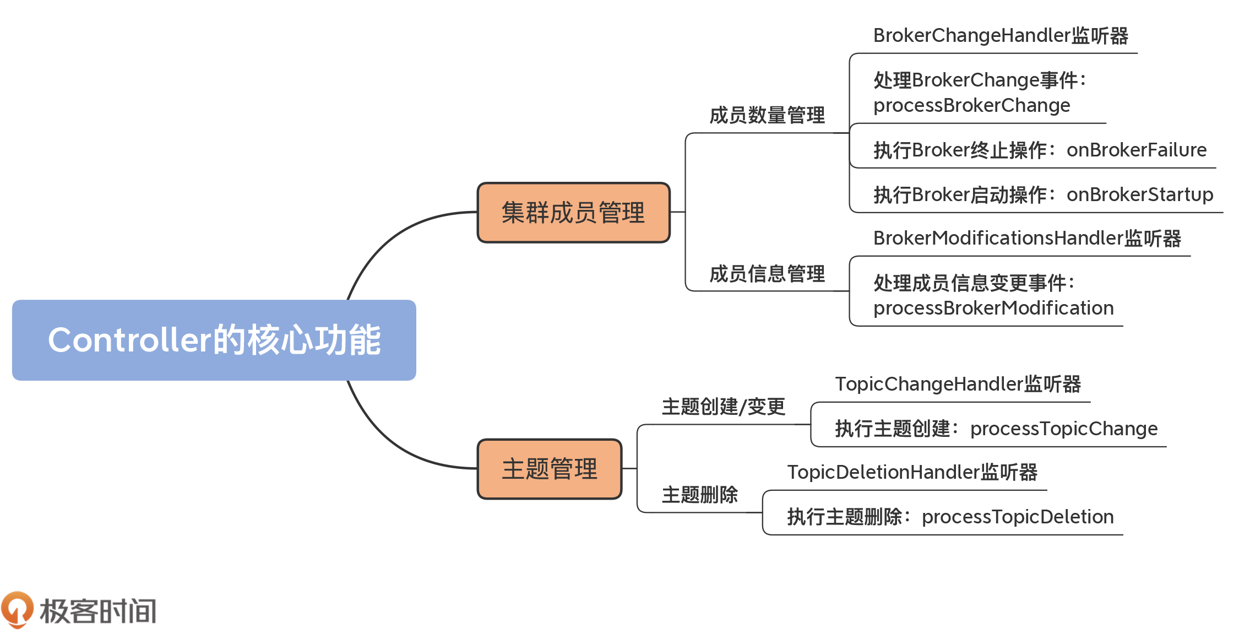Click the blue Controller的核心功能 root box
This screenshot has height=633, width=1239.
pos(214,340)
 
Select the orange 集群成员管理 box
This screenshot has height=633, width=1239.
pos(573,213)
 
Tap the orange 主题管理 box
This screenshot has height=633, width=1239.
pos(550,469)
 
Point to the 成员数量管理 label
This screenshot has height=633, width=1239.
pos(767,116)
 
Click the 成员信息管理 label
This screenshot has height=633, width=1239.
pos(767,274)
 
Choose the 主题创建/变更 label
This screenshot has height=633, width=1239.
pos(723,407)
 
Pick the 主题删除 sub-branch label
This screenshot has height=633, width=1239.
pos(699,495)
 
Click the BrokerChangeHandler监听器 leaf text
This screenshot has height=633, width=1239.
pos(1000,36)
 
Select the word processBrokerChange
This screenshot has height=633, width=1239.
pos(971,105)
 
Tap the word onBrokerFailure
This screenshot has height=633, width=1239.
pos(1136,150)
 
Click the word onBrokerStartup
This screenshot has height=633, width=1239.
pos(1139,194)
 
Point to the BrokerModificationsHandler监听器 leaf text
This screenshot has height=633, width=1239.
pos(1026,239)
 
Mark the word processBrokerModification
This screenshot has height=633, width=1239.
pos(993,308)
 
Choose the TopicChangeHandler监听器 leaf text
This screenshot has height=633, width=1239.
pos(958,384)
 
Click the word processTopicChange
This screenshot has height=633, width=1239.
pos(1063,429)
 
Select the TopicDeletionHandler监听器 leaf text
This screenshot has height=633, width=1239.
pos(912,472)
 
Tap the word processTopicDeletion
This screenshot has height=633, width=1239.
pos(1017,517)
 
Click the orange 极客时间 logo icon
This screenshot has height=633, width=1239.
pos(18,609)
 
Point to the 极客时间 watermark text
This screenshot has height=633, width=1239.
pos(99,611)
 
